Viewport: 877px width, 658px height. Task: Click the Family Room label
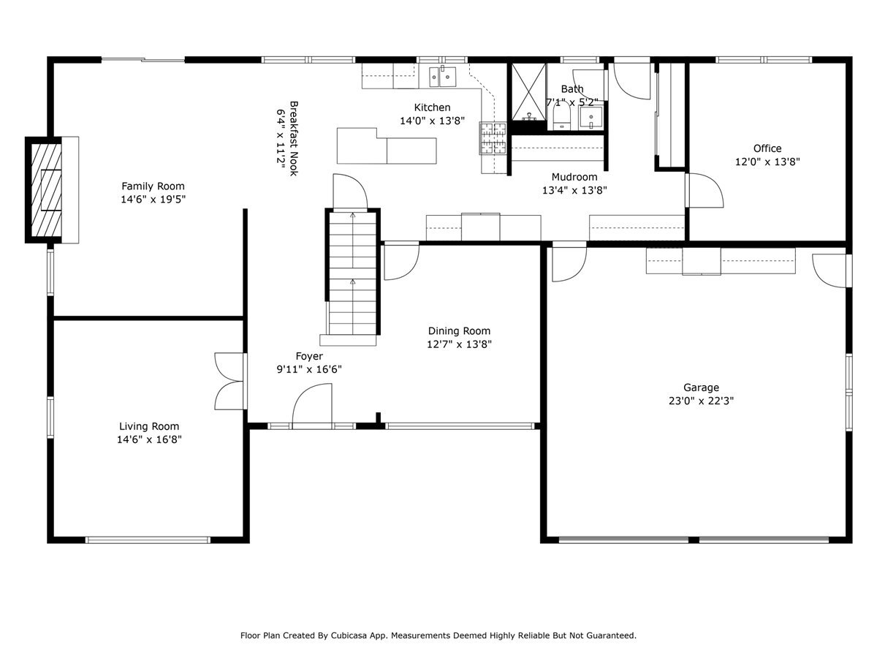tap(153, 186)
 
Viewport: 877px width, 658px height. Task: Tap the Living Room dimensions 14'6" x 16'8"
tap(149, 439)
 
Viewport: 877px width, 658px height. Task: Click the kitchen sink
tap(442, 75)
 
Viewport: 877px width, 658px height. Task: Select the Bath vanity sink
tap(591, 117)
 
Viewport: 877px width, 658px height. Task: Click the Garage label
tap(701, 387)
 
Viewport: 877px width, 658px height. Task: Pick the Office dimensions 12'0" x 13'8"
tap(767, 162)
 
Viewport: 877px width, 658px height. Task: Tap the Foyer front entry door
tap(312, 406)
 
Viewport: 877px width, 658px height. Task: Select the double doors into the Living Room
tap(229, 381)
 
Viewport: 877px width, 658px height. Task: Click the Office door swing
tap(703, 190)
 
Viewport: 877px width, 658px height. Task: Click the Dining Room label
tap(459, 331)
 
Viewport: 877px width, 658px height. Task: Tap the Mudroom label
tap(574, 177)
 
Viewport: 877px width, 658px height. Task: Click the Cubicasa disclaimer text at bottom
tap(438, 635)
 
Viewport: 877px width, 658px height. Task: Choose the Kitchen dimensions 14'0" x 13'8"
tap(432, 121)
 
